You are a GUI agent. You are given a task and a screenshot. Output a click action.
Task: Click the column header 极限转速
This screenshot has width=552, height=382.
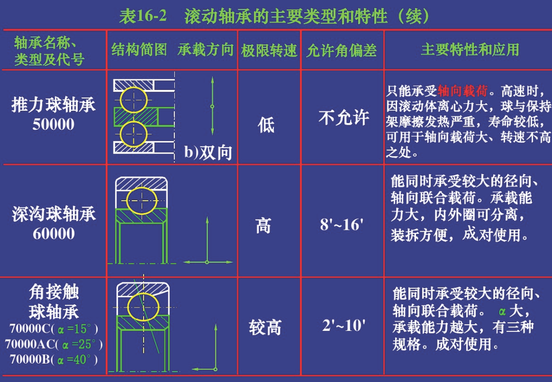pos(269,50)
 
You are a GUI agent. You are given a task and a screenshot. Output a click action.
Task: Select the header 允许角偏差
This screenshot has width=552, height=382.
pos(342,50)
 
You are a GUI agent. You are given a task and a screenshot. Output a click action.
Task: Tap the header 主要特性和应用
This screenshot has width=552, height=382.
pos(470,50)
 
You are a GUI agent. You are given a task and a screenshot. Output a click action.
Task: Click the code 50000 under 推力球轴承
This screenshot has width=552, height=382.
pos(54,124)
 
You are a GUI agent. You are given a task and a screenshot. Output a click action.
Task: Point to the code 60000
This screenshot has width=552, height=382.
pos(54,233)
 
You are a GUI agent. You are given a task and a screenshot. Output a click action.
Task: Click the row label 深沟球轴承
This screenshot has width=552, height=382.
pos(54,214)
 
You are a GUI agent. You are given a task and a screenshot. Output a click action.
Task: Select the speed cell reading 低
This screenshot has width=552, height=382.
pos(266,125)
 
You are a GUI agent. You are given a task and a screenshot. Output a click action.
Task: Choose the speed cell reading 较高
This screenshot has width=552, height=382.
pos(265,327)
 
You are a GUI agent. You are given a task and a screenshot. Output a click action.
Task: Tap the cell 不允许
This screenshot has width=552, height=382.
pos(344,117)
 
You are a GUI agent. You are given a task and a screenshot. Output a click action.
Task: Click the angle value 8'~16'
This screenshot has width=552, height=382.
pos(341,224)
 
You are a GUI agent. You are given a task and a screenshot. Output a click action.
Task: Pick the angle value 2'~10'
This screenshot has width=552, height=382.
pos(343,325)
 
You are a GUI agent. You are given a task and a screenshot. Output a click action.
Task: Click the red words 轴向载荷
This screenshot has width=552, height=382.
pos(463,91)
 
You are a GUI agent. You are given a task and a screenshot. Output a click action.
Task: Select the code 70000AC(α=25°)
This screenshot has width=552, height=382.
pos(54,344)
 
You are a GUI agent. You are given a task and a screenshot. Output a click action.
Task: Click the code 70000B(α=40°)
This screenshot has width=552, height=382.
pos(54,359)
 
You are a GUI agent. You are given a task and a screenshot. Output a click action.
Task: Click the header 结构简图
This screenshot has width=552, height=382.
pos(140,50)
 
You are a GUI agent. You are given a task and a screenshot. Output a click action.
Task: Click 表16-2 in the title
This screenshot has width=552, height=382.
pos(143,16)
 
